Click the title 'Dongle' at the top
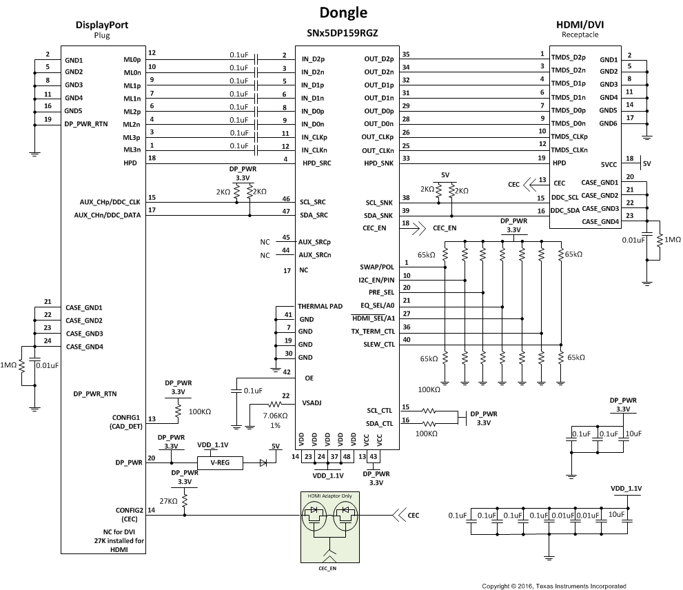[x=343, y=12]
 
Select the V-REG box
[x=221, y=464]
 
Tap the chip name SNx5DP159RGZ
[x=343, y=33]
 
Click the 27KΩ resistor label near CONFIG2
[x=167, y=501]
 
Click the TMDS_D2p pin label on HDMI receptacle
[x=569, y=57]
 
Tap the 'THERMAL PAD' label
[x=320, y=306]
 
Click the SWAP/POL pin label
[x=377, y=267]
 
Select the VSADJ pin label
[x=312, y=403]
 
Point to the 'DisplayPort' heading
[x=101, y=25]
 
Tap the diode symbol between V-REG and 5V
[x=263, y=464]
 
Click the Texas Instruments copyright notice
[x=553, y=586]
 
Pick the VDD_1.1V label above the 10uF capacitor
[x=626, y=488]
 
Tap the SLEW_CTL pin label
[x=378, y=344]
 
